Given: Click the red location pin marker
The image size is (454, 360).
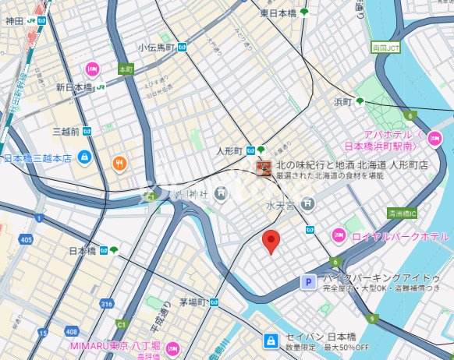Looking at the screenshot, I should tap(270, 242).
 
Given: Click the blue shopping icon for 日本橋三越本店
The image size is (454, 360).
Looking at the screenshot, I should tap(83, 158).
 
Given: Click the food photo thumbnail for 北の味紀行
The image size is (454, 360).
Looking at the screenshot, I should tap(264, 169).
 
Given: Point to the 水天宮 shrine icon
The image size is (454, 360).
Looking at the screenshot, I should tap(308, 204).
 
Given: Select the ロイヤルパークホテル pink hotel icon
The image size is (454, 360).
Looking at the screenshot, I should tap(339, 235).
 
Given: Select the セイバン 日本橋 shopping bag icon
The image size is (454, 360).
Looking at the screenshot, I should tap(270, 341).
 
